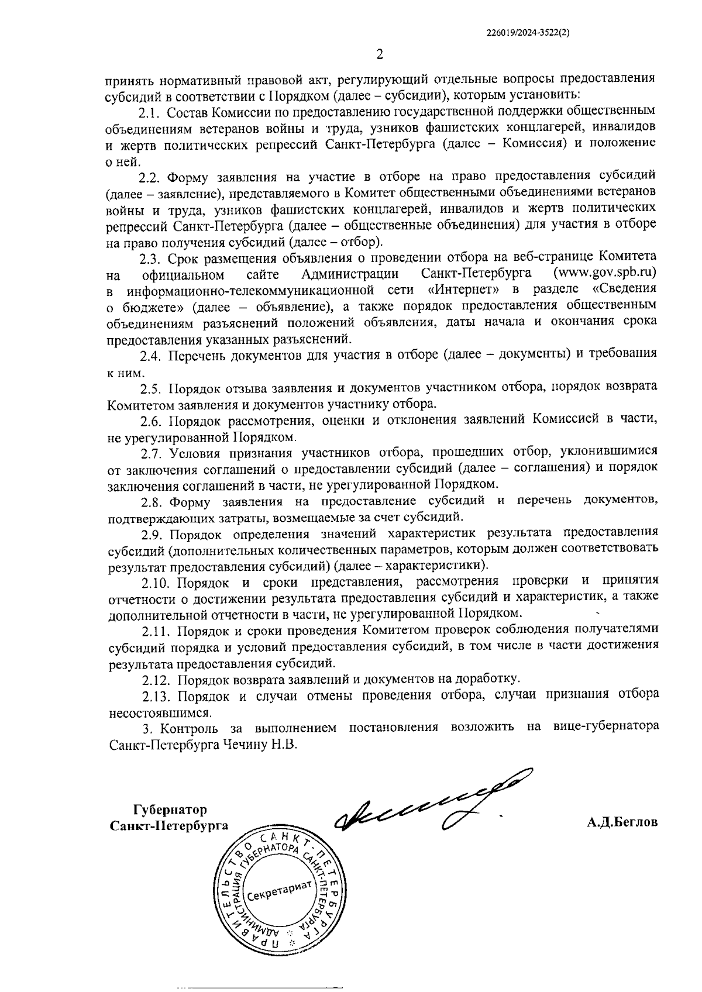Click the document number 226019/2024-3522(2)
(x=528, y=34)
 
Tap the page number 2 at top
(x=380, y=56)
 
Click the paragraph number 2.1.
(x=149, y=111)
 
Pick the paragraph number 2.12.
(x=156, y=680)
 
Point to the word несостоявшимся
(x=160, y=713)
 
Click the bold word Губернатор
(x=170, y=810)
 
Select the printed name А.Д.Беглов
(x=622, y=822)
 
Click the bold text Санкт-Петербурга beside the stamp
(x=169, y=825)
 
